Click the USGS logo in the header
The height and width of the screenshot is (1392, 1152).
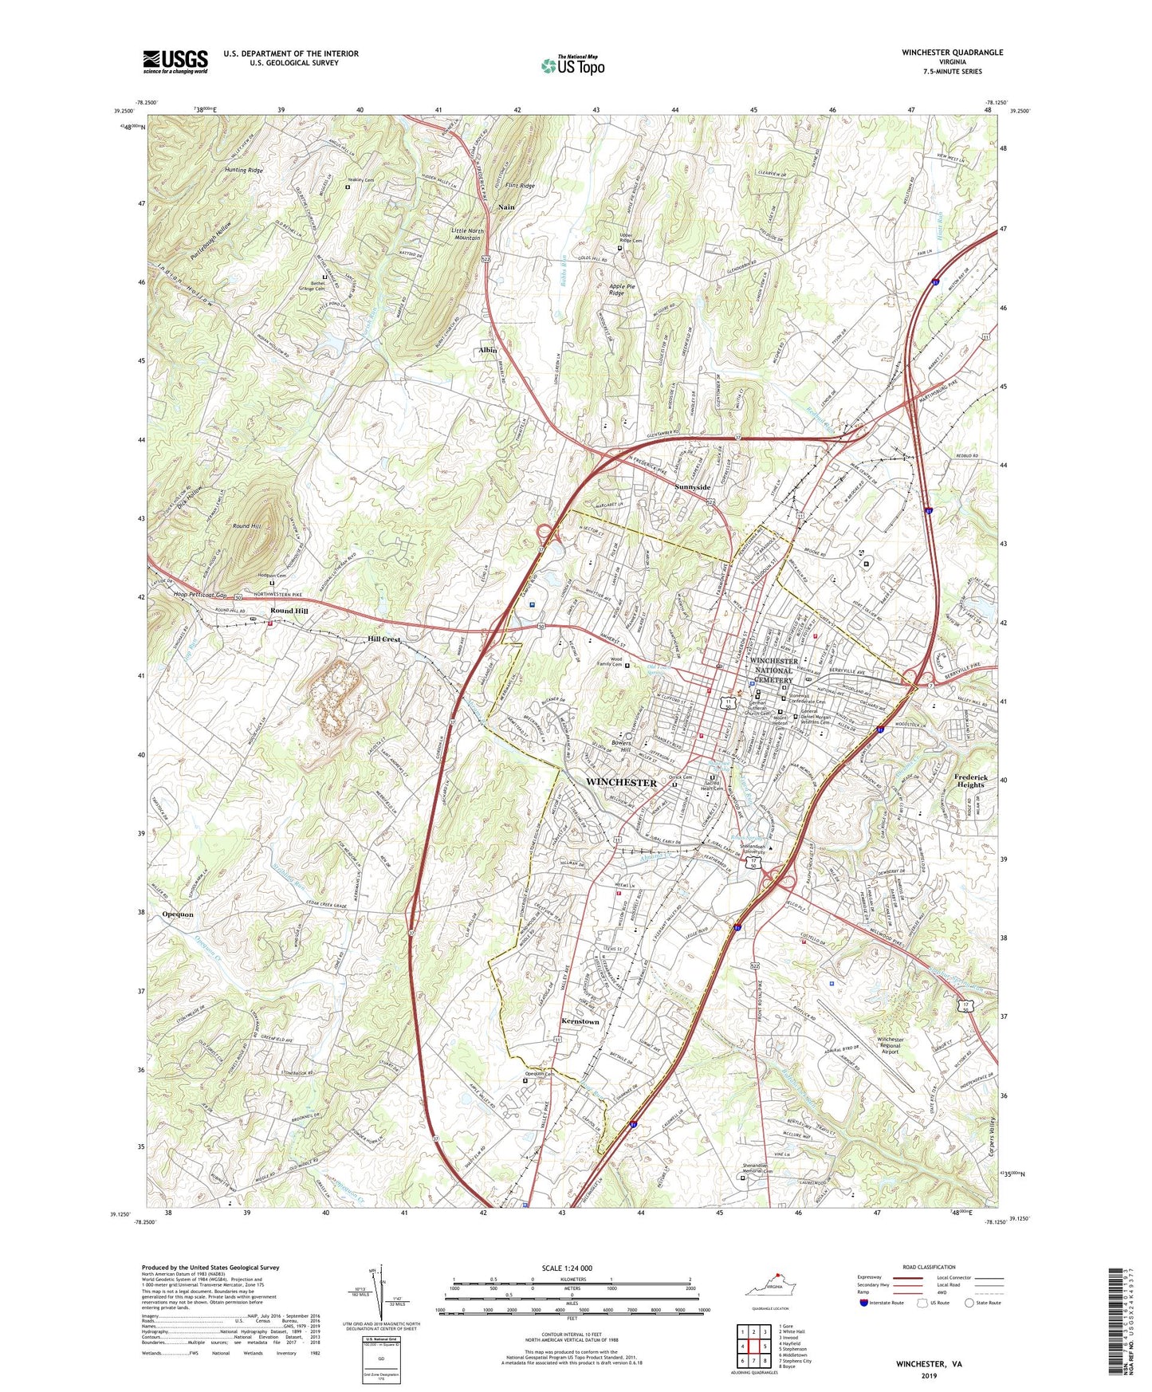[175, 61]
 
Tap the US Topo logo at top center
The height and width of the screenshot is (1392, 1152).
[572, 65]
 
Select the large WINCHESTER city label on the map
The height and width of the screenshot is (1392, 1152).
[621, 783]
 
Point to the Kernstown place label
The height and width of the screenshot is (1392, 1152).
[580, 1021]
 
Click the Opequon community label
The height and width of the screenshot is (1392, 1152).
[178, 914]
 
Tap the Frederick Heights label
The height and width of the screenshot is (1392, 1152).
[969, 781]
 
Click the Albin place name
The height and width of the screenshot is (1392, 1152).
[487, 350]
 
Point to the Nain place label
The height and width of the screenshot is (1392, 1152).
[506, 206]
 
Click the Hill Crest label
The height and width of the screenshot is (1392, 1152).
[383, 639]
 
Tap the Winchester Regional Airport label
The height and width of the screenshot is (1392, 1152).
[890, 1045]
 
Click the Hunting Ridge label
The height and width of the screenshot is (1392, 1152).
[243, 171]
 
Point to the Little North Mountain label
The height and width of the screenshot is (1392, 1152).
[466, 234]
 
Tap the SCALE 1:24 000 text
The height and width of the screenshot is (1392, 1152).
[568, 1268]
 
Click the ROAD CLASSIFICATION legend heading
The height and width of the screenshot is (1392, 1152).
[929, 1267]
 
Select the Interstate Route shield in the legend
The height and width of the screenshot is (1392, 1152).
[863, 1304]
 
